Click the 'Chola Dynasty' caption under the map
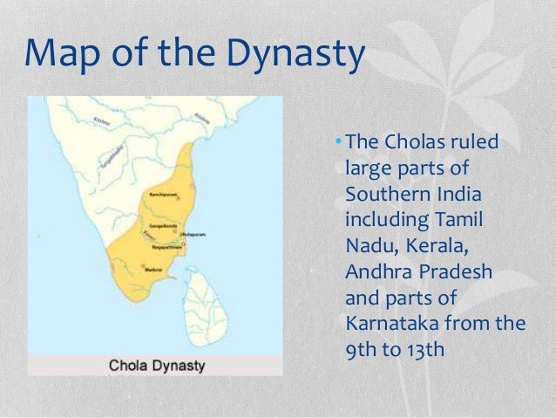pyautogui.click(x=156, y=365)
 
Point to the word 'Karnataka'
pyautogui.click(x=391, y=326)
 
